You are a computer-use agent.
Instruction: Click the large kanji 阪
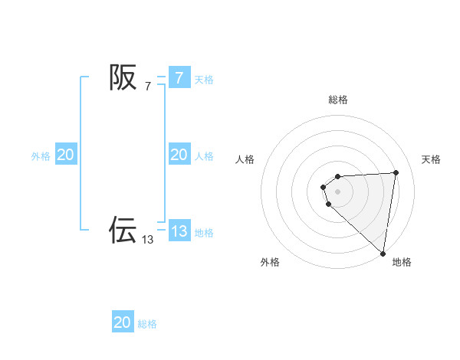click(123, 77)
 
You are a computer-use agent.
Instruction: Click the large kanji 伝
click(123, 229)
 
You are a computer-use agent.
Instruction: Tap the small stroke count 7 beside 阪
click(148, 86)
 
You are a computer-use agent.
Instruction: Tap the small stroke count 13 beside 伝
click(148, 239)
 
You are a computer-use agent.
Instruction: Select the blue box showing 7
click(179, 77)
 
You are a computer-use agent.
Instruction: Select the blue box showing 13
click(179, 231)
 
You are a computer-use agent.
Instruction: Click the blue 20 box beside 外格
click(65, 155)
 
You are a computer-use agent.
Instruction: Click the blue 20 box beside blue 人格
click(179, 155)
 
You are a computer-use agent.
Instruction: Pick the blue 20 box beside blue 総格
click(123, 322)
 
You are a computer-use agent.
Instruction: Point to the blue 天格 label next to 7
click(204, 79)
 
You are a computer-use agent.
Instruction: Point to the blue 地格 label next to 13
click(204, 232)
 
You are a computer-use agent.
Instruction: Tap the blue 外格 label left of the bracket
click(41, 156)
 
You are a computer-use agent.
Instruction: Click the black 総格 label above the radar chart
click(338, 100)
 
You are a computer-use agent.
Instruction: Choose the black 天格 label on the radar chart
click(432, 159)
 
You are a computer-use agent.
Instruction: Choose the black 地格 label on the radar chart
click(402, 263)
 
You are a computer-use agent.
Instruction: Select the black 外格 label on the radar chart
click(270, 263)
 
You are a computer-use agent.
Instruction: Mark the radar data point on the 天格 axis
click(396, 172)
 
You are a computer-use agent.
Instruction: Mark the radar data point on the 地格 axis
click(383, 254)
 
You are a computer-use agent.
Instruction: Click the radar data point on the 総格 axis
click(338, 178)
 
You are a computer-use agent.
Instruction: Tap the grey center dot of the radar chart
click(338, 191)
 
